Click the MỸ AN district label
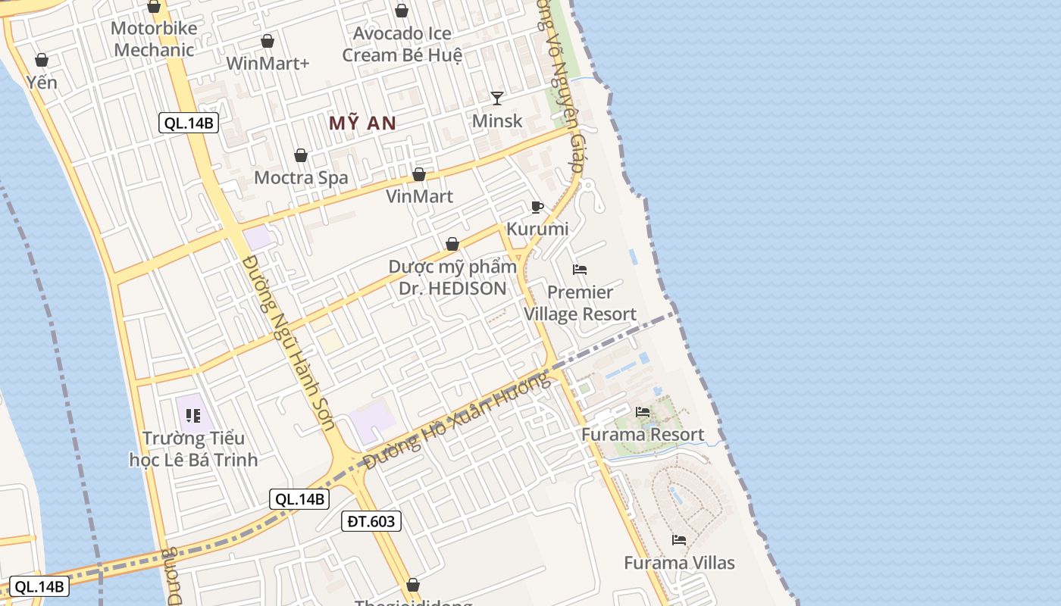tap(362, 123)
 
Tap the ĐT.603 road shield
tap(371, 521)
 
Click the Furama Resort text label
tap(643, 435)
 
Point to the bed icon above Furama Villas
tap(679, 540)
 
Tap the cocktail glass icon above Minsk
tap(497, 98)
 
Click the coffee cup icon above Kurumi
tap(537, 207)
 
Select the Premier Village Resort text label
tap(580, 303)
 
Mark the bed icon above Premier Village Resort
tap(580, 270)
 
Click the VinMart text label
tap(419, 197)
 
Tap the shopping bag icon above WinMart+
tap(268, 41)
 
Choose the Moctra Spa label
tap(301, 178)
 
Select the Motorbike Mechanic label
tap(154, 39)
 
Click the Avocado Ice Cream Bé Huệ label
tap(402, 44)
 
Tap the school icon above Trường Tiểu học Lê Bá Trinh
tap(193, 415)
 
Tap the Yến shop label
tap(42, 82)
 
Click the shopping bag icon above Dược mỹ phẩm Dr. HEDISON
tap(452, 244)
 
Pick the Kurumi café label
tap(537, 229)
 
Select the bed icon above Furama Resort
tap(643, 412)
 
